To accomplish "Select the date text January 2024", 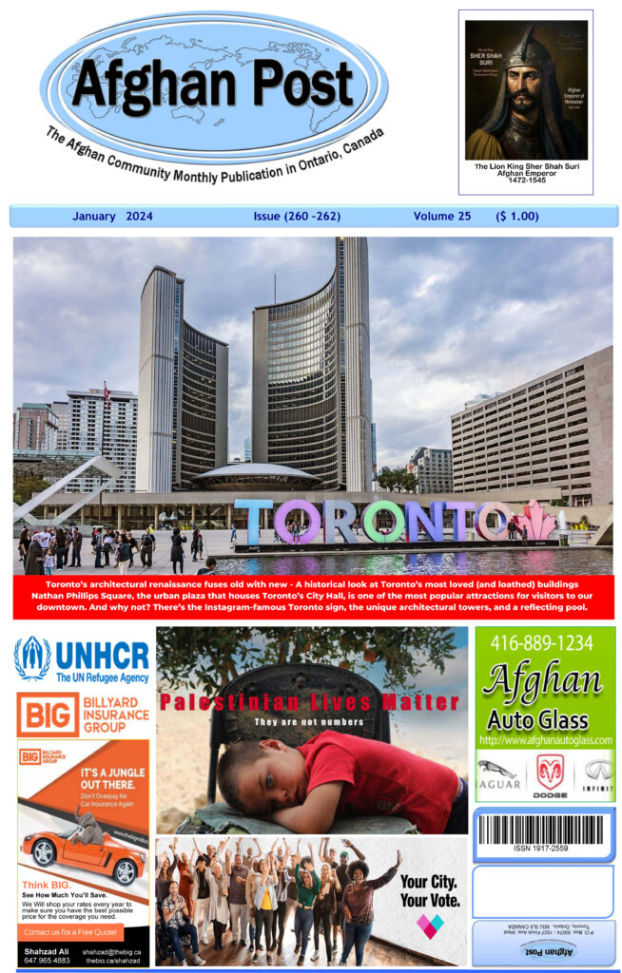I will click(111, 217).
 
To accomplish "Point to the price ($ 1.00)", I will click(517, 217).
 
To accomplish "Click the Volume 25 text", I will click(441, 217).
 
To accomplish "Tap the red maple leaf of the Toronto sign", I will click(535, 521).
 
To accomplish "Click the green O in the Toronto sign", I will click(383, 523).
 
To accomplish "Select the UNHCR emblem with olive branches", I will click(32, 658).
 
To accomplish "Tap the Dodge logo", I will click(550, 772).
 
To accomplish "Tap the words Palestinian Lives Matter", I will click(309, 703).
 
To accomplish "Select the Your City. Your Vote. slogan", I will click(429, 890).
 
